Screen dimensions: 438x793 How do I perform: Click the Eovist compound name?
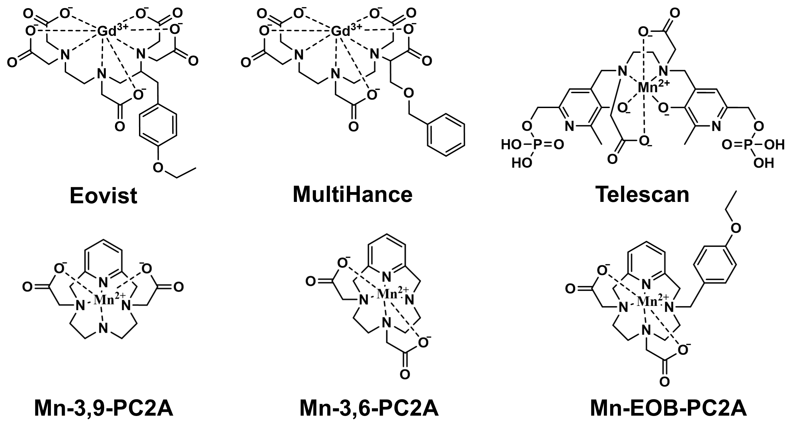[x=103, y=195]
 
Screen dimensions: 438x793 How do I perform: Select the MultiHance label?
[x=352, y=194]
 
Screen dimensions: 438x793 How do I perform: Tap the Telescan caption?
[x=642, y=194]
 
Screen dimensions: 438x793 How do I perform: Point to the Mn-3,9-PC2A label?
[x=104, y=409]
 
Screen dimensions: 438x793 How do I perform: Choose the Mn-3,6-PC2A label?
[x=369, y=409]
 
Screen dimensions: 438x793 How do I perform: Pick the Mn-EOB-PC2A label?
[x=668, y=409]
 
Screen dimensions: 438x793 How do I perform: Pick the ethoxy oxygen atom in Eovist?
[x=158, y=167]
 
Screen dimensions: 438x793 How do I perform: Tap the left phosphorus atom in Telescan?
[x=536, y=145]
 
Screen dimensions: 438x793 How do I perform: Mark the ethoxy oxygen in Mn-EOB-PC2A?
[x=735, y=228]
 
